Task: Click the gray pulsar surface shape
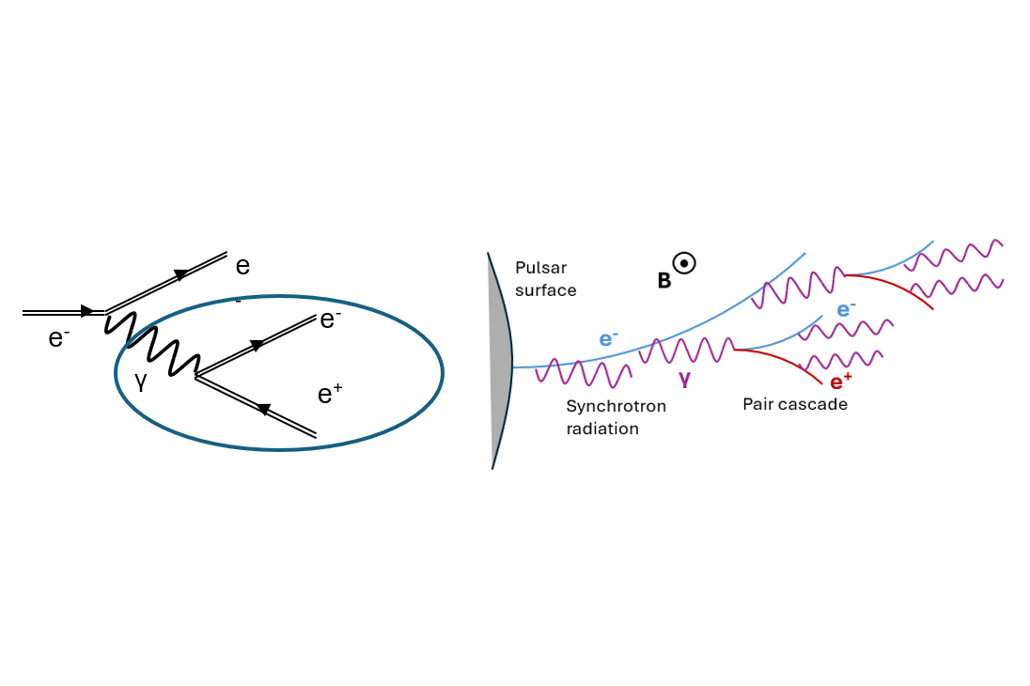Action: (501, 362)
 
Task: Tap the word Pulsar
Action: (540, 268)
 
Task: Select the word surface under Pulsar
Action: (545, 290)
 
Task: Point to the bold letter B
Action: (664, 281)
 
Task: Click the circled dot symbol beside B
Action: (684, 263)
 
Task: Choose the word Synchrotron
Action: (616, 407)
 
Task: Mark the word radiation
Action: (602, 429)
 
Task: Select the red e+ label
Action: (841, 382)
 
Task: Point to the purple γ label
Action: (685, 379)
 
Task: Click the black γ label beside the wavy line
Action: (141, 381)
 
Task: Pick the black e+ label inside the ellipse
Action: (330, 394)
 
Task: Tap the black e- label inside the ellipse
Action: (331, 320)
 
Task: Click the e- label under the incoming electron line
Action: (58, 337)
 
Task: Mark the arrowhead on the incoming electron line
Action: (87, 311)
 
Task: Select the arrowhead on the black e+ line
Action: (263, 409)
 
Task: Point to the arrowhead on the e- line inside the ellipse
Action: (257, 345)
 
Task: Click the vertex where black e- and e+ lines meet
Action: (195, 377)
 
